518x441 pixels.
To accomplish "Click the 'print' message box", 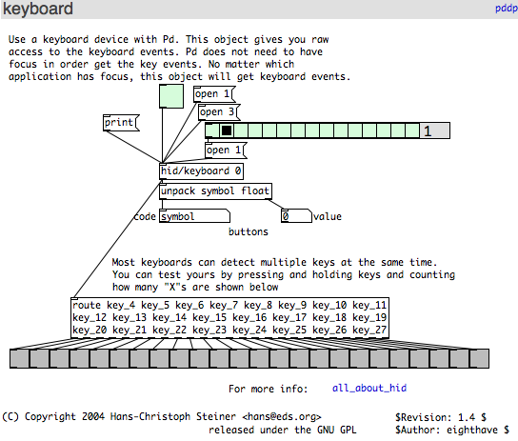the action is point(121,123).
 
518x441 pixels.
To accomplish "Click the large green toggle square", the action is point(171,96).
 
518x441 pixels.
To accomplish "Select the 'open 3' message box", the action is point(218,112).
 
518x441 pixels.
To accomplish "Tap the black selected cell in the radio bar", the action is point(227,130).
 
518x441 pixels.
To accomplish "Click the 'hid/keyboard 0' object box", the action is point(202,171).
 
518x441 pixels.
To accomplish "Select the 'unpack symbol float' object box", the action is point(216,191).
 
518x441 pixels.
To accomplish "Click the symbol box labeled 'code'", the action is point(194,216).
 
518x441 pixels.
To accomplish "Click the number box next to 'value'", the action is point(296,216).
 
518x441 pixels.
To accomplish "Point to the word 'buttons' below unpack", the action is point(249,231).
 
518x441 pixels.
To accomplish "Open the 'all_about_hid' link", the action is point(369,388).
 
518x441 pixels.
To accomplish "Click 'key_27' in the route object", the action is point(369,330).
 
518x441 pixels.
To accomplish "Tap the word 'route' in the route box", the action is point(87,305).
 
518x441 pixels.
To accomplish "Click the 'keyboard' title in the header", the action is point(38,9).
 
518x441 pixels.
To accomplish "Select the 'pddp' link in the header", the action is point(507,9).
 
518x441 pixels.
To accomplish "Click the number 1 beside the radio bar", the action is point(428,131).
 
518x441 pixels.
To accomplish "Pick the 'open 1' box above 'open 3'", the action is point(214,94).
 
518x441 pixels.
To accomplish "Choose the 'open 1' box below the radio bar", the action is point(226,150).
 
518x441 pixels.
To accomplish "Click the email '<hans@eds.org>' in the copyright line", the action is point(282,417).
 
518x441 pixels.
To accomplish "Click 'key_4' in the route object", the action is point(121,305).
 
